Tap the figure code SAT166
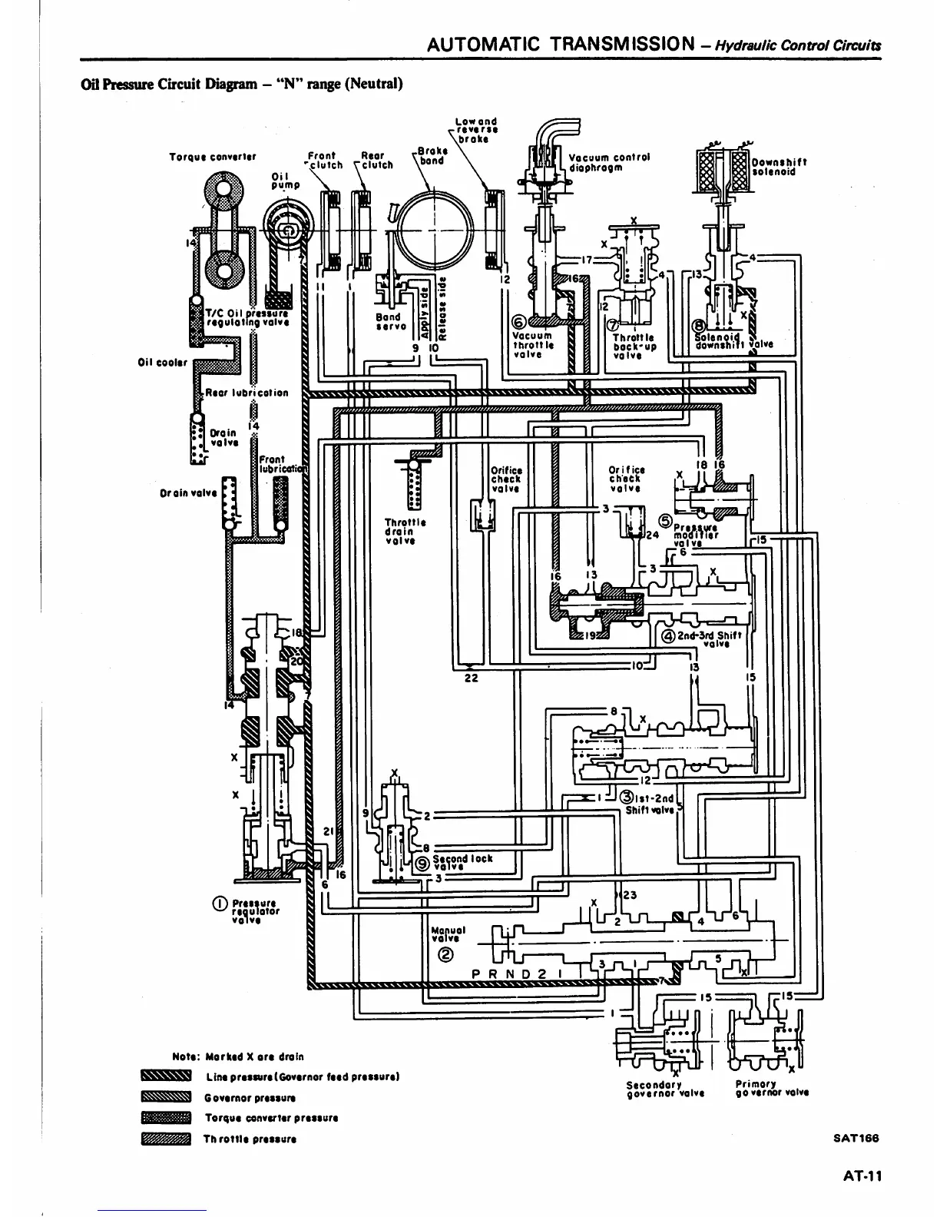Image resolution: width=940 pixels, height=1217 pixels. click(x=856, y=1139)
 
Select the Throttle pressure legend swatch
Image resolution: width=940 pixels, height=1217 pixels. click(x=165, y=1139)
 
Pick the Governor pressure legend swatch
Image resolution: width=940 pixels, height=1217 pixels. click(x=165, y=1097)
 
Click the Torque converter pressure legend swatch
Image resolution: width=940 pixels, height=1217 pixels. click(x=165, y=1118)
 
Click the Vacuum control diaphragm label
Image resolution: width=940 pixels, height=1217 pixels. click(x=609, y=162)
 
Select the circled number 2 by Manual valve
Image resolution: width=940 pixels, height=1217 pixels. click(x=444, y=956)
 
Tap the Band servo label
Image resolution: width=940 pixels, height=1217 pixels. click(x=388, y=321)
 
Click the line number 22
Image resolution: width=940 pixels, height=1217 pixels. click(x=472, y=678)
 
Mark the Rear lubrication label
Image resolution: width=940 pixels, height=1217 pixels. click(x=247, y=393)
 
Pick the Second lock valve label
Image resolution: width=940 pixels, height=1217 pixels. click(x=462, y=861)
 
